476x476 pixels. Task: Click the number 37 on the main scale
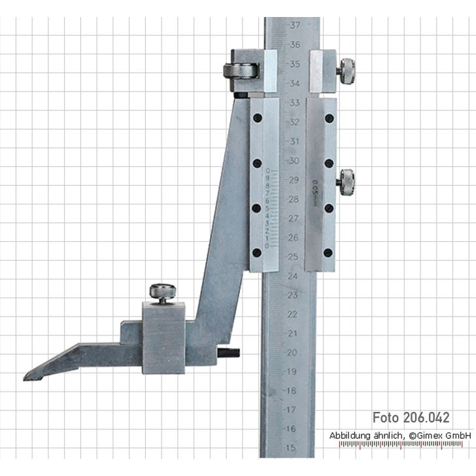296,25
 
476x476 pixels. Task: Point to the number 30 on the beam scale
294,160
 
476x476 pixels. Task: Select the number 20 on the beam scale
292,352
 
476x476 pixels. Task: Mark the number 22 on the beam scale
292,314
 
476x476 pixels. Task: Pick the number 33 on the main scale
295,103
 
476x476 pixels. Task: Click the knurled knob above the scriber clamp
161,292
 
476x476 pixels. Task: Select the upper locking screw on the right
346,71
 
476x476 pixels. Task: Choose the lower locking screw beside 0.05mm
346,181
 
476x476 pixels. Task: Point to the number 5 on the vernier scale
267,209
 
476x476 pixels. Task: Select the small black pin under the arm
229,353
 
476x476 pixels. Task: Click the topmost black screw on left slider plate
258,118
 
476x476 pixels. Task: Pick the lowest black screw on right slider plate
328,252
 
